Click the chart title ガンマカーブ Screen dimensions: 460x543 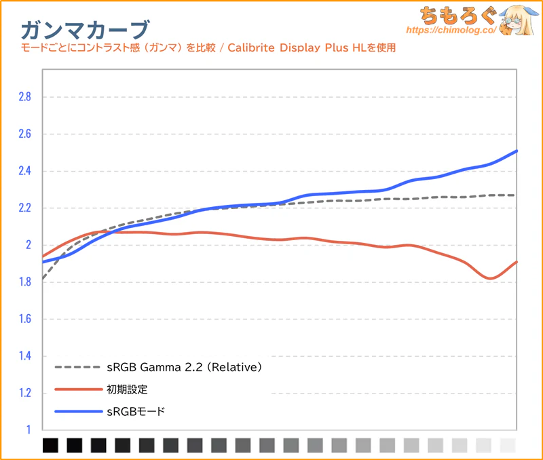[x=85, y=28]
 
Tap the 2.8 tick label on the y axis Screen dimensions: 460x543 [x=24, y=97]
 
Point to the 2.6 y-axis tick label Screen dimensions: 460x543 [x=24, y=134]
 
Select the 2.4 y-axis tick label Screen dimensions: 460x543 [x=24, y=171]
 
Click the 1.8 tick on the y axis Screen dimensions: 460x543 [x=24, y=282]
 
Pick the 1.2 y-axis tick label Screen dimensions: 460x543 [x=24, y=393]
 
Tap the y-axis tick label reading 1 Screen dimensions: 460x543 [x=29, y=429]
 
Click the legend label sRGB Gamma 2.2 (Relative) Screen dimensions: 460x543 [x=184, y=368]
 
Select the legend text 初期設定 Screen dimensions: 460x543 [x=127, y=389]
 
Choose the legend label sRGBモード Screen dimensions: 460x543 [x=136, y=411]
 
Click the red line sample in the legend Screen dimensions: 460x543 [x=76, y=389]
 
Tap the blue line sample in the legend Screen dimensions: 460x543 [x=76, y=411]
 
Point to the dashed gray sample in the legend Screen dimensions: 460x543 [x=76, y=368]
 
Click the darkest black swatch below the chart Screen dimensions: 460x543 [x=50, y=445]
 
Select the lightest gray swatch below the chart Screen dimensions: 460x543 [x=508, y=445]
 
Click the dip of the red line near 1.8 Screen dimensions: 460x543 [x=490, y=278]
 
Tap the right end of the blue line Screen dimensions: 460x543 [x=517, y=151]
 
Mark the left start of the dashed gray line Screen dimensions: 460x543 [x=43, y=278]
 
